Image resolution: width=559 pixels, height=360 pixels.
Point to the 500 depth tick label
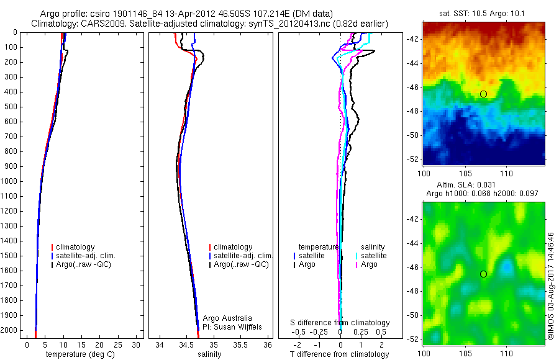coord(10,107)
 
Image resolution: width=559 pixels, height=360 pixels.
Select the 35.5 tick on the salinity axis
coord(241,344)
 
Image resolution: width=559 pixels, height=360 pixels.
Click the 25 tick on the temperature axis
coord(118,344)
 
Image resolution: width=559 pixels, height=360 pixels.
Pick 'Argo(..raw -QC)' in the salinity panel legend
coord(241,264)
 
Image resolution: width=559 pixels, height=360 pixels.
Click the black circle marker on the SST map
coord(483,94)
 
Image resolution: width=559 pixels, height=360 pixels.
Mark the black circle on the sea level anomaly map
coord(483,274)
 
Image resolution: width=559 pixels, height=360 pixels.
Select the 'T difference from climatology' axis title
coord(340,354)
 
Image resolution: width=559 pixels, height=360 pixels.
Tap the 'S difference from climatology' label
coord(340,323)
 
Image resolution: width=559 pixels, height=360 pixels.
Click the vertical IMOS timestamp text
coord(550,286)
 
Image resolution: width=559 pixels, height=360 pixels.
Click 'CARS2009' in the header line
coord(99,24)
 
